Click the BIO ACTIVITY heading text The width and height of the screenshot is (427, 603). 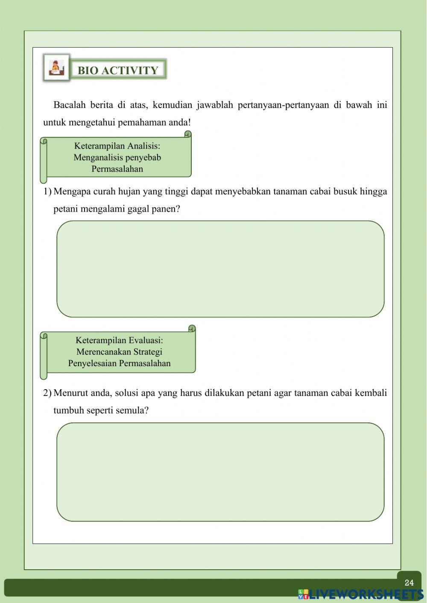[x=118, y=70]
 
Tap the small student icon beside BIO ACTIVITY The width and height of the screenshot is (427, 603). [x=56, y=68]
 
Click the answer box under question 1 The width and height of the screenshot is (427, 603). [x=220, y=269]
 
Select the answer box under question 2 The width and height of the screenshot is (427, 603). [x=220, y=472]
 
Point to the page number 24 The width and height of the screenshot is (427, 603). [x=409, y=583]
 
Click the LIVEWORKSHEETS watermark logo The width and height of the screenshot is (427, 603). [x=361, y=594]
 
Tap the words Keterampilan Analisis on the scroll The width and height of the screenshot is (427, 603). [x=117, y=146]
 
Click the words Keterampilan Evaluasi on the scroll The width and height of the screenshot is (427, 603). [x=119, y=340]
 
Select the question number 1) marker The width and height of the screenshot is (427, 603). [x=47, y=191]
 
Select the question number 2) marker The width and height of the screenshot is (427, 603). [x=47, y=393]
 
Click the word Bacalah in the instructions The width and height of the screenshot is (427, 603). [x=69, y=105]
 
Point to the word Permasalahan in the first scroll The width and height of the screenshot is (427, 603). [x=117, y=169]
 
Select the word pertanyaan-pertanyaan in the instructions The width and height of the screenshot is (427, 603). [x=283, y=105]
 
